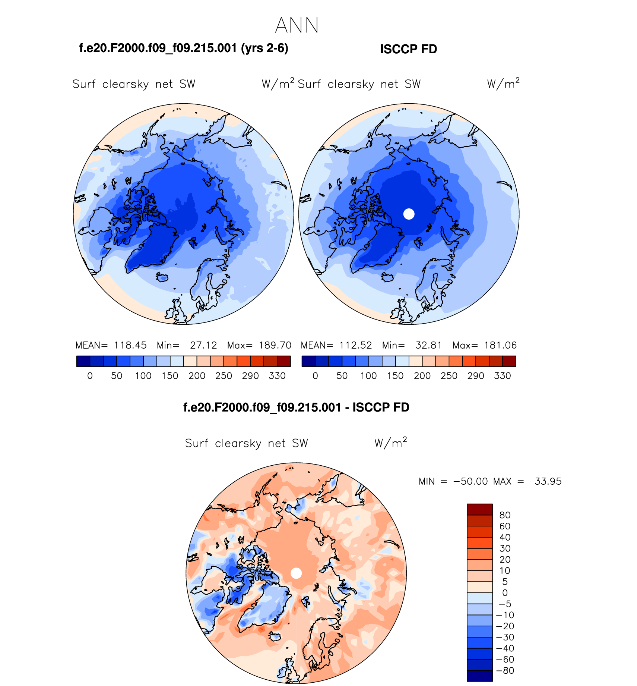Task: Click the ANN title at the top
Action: coord(297,25)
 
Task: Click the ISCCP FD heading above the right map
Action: coord(408,49)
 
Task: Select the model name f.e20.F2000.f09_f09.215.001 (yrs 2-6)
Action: coord(184,48)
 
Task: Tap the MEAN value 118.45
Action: coord(130,345)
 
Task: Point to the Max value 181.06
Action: coord(500,345)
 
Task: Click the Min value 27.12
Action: coord(203,345)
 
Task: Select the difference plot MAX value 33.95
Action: coord(548,481)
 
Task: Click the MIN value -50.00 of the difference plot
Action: coord(470,481)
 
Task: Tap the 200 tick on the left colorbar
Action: coord(197,376)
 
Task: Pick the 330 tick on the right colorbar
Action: coord(502,376)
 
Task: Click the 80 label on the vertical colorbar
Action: coord(505,515)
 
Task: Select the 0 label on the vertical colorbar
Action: coord(505,593)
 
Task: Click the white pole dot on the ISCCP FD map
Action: coord(409,214)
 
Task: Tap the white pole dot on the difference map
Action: coord(296,573)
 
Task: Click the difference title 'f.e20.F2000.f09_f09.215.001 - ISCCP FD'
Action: coord(296,407)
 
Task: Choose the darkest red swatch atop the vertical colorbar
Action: coord(479,509)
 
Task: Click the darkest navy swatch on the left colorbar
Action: coord(83,361)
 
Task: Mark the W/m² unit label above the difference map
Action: coord(390,443)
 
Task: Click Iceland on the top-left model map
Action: coord(162,277)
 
